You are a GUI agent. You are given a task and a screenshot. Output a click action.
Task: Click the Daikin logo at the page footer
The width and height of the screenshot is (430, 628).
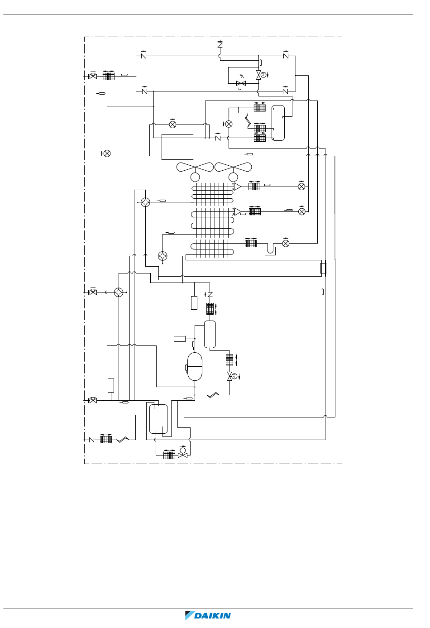click(208, 615)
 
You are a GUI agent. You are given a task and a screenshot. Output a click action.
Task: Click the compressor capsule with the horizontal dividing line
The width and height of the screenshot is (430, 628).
click(195, 366)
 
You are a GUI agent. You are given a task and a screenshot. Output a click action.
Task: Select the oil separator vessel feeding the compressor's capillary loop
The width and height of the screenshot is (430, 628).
click(210, 334)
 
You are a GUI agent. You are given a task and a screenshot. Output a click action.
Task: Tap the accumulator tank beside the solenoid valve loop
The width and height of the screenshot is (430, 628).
click(158, 419)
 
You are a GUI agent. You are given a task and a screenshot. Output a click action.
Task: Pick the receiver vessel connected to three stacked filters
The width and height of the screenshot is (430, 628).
click(278, 123)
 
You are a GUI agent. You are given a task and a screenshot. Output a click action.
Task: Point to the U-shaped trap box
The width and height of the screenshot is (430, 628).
click(270, 251)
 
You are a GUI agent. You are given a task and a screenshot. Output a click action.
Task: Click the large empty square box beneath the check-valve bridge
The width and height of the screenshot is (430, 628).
click(177, 147)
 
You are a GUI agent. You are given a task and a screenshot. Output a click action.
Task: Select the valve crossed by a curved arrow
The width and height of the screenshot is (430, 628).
click(241, 83)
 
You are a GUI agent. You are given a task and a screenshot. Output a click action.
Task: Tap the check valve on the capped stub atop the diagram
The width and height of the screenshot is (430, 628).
click(220, 44)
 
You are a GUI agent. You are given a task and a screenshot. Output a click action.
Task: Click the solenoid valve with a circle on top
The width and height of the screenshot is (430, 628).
click(183, 454)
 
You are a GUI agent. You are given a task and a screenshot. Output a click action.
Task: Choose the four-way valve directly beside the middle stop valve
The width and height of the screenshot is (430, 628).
click(119, 292)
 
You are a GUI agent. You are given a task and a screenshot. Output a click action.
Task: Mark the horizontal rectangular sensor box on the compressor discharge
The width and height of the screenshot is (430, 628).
click(180, 339)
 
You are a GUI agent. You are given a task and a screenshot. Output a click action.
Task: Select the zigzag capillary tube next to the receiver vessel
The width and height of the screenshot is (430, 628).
click(246, 119)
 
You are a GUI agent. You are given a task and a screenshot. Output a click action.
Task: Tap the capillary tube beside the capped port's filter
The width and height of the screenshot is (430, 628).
click(123, 440)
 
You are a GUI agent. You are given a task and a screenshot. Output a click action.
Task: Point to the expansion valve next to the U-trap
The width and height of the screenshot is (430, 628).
click(286, 243)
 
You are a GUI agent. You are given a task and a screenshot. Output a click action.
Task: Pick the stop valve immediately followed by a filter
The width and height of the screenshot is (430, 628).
click(93, 76)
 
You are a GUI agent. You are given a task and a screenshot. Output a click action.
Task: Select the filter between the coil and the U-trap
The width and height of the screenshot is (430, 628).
click(251, 243)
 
